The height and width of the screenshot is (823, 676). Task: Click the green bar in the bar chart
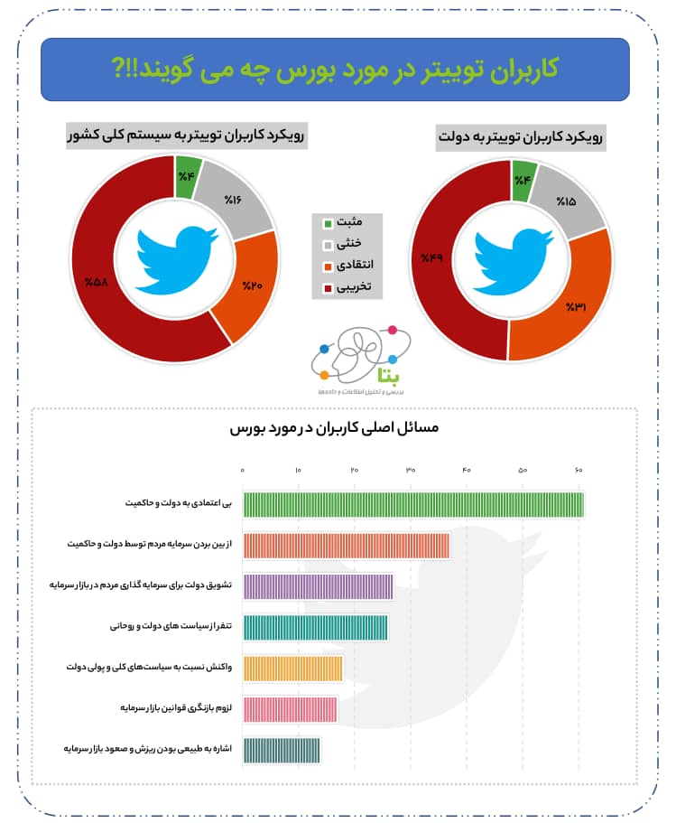click(413, 505)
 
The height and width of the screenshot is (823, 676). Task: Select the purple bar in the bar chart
click(318, 587)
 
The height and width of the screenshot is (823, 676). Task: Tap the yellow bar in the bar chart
click(292, 669)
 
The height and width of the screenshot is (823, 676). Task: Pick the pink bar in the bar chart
click(290, 710)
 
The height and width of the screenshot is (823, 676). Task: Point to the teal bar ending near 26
click(315, 628)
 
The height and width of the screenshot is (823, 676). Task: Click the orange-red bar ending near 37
click(346, 547)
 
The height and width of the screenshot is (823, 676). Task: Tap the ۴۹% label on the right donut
click(432, 259)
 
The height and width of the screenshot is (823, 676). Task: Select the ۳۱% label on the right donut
click(576, 307)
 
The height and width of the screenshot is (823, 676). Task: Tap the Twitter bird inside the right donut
click(512, 259)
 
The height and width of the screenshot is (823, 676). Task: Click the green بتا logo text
click(368, 371)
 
